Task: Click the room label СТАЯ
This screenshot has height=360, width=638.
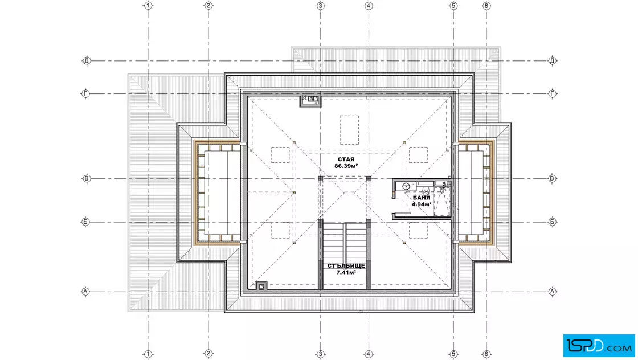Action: click(x=346, y=159)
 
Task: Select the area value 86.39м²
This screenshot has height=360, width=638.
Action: click(x=346, y=166)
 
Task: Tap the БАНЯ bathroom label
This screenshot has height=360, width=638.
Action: click(x=421, y=198)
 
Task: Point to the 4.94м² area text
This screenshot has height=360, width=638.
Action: click(x=421, y=204)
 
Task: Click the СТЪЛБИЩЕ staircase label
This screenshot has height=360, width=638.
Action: click(x=346, y=265)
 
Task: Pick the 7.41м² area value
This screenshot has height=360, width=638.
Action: click(x=346, y=272)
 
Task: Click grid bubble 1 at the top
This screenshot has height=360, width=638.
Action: click(x=148, y=6)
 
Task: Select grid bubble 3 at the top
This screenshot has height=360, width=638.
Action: click(x=320, y=6)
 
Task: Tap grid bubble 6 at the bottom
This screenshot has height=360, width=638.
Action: click(x=486, y=354)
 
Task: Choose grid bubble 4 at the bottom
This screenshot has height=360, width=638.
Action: click(x=369, y=354)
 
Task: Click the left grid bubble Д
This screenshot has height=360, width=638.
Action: click(x=87, y=61)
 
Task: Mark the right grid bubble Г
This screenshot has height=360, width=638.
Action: click(x=552, y=94)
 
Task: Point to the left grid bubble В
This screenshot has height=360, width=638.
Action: click(x=87, y=179)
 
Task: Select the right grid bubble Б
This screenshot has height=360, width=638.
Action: click(x=552, y=222)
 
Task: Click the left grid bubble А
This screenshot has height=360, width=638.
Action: click(x=85, y=292)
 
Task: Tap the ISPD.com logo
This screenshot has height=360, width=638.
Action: click(x=599, y=346)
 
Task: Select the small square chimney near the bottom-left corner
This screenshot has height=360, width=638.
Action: click(x=261, y=287)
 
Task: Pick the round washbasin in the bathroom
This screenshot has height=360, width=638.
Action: click(x=406, y=186)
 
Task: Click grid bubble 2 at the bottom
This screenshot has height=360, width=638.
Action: click(x=208, y=354)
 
